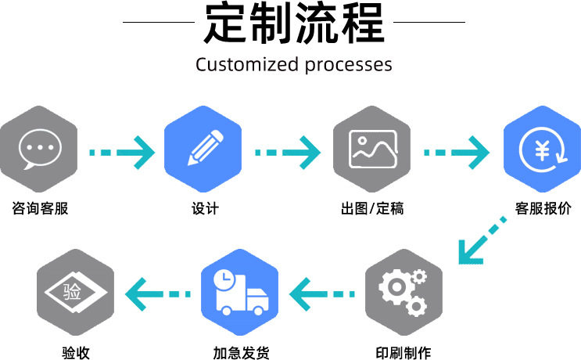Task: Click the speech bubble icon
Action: [x=40, y=149]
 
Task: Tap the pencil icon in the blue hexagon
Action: [x=206, y=148]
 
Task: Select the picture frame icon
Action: [x=373, y=149]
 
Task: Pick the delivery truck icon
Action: [x=242, y=293]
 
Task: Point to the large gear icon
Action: [x=396, y=287]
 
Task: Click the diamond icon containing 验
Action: [x=76, y=292]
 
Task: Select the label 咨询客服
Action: [x=40, y=208]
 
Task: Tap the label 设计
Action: [x=205, y=208]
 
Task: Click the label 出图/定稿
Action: [x=372, y=208]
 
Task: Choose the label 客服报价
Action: [x=543, y=208]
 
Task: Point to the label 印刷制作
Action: [x=403, y=353]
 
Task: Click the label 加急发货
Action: [x=241, y=353]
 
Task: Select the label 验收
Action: [x=76, y=353]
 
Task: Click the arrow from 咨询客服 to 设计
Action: [x=122, y=153]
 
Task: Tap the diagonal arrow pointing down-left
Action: [x=481, y=242]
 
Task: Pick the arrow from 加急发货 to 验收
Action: [x=158, y=294]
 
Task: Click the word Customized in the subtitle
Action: [x=247, y=64]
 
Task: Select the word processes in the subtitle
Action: [x=348, y=65]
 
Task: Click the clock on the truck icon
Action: [x=224, y=279]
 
